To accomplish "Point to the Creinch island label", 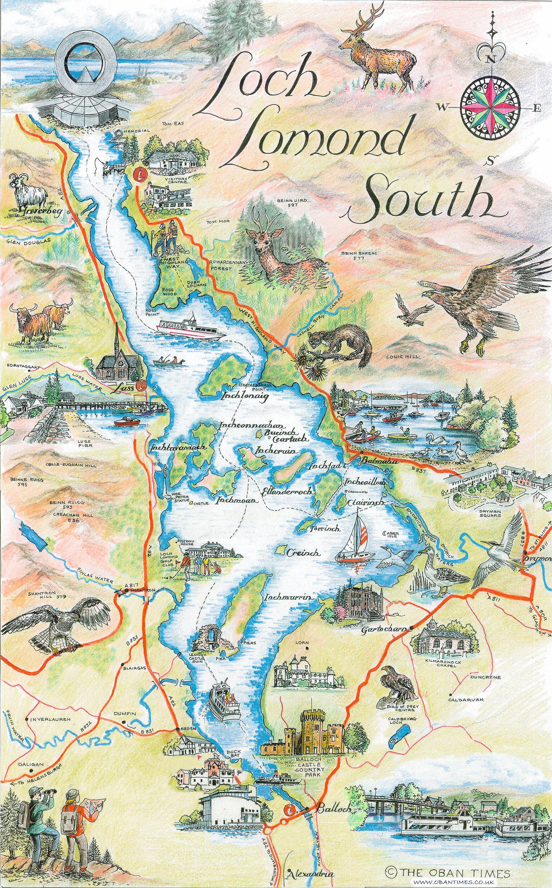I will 303,563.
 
